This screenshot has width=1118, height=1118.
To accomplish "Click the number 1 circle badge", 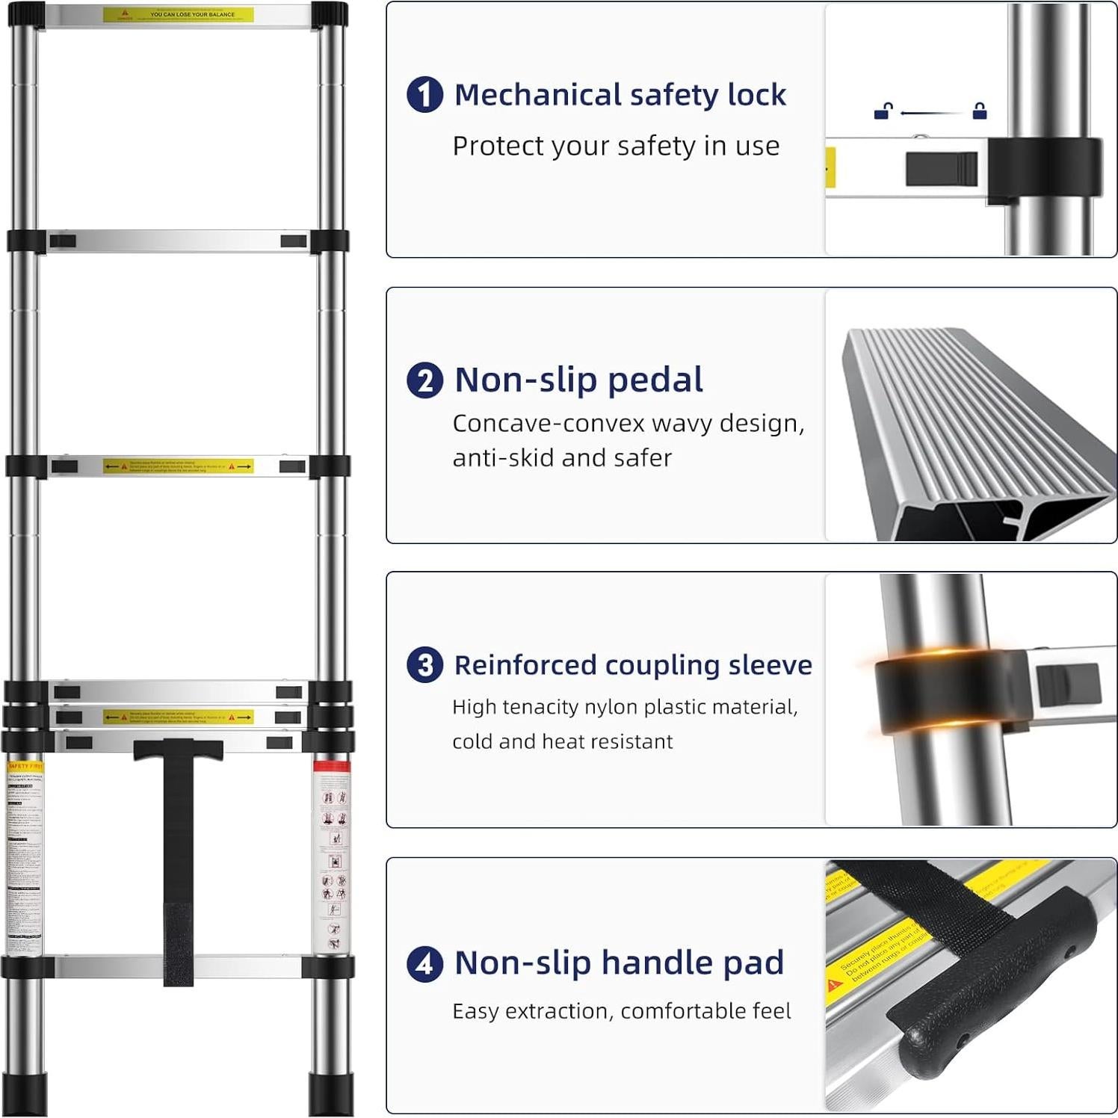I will [x=424, y=95].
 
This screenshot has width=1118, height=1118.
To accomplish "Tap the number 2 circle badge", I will [x=424, y=380].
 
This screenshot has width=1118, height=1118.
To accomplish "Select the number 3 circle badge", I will [x=424, y=665].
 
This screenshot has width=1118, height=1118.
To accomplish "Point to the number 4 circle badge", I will [x=424, y=963].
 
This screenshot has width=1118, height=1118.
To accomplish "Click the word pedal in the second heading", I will [x=655, y=380].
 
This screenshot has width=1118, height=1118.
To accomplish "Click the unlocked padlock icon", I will [x=883, y=111].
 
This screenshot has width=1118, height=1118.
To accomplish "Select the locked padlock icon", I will [x=980, y=111].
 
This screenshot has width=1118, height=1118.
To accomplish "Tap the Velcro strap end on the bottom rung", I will [x=178, y=945].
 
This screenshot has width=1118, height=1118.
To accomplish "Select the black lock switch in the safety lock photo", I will [x=941, y=169].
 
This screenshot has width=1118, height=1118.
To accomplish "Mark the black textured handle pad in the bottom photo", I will [x=994, y=986].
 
